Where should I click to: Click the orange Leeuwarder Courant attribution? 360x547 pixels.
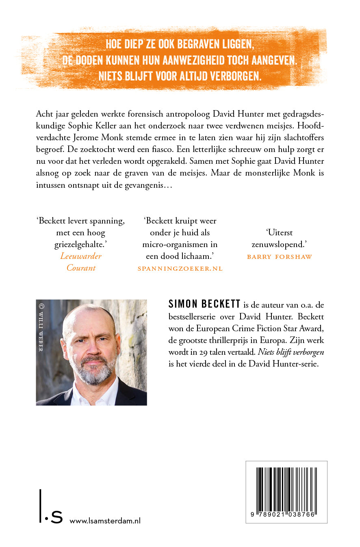tap(81, 262)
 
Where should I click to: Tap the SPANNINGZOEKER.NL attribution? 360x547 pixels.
tap(180, 269)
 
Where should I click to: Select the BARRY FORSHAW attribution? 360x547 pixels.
tap(280, 256)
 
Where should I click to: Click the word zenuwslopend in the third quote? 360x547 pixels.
tap(280, 244)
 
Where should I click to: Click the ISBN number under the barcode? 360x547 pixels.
tap(286, 514)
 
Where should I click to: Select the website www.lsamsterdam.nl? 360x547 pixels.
tap(105, 521)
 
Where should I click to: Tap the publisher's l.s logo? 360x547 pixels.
tap(51, 513)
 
